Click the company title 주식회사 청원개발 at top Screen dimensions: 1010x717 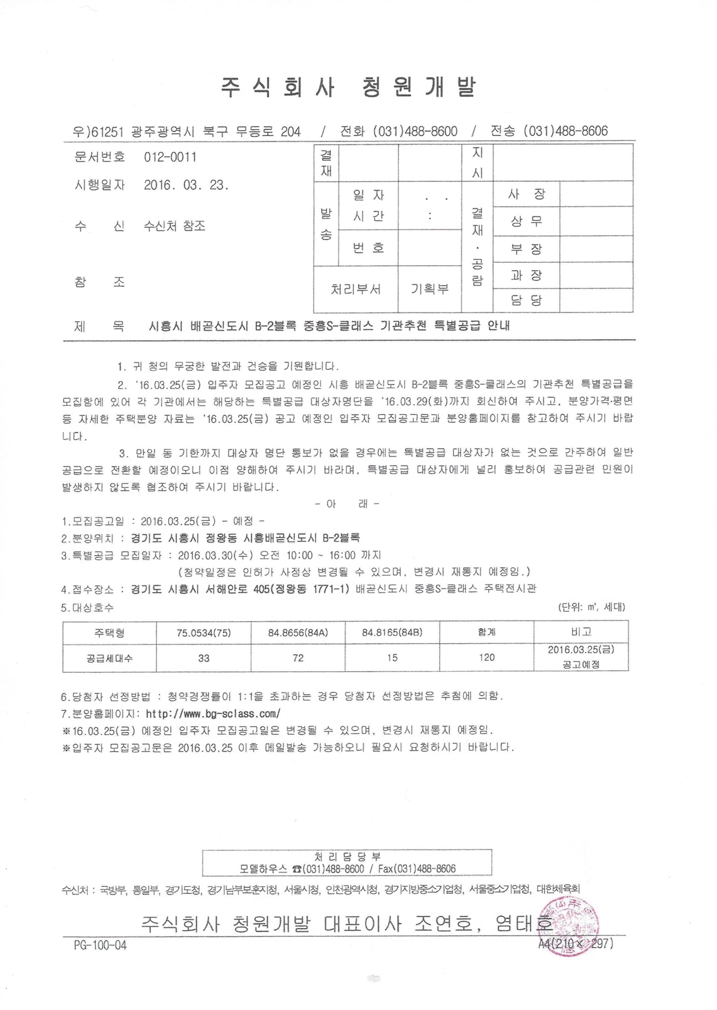tap(348, 87)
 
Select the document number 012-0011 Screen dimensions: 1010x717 tap(170, 157)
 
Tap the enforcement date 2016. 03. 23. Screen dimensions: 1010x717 tap(186, 186)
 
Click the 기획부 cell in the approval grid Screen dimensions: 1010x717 tap(430, 288)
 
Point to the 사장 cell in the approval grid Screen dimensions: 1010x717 tap(527, 194)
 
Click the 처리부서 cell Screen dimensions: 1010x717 tap(356, 288)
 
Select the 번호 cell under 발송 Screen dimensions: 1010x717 tap(369, 247)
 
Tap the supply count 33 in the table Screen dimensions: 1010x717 tap(203, 658)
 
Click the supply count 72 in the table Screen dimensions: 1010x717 tap(298, 658)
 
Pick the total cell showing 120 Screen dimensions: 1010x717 tap(486, 657)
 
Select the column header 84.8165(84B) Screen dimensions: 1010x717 tap(392, 632)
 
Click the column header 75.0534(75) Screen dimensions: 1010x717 tap(203, 632)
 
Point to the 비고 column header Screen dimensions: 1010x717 tap(581, 632)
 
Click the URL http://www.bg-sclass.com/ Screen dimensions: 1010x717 tap(213, 714)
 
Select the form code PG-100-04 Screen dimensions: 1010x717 tap(100, 945)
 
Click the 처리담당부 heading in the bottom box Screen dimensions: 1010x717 tap(347, 857)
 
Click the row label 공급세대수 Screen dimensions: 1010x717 tap(109, 658)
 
